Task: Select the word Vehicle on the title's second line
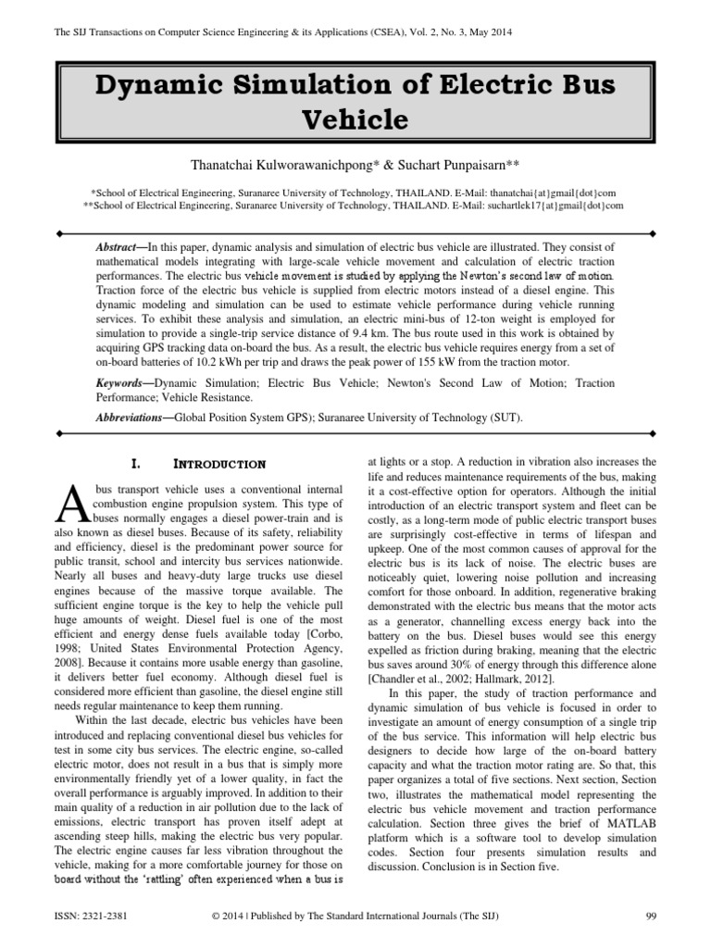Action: [x=355, y=120]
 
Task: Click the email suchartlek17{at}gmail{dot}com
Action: [x=563, y=205]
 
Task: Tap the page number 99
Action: [x=650, y=917]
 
